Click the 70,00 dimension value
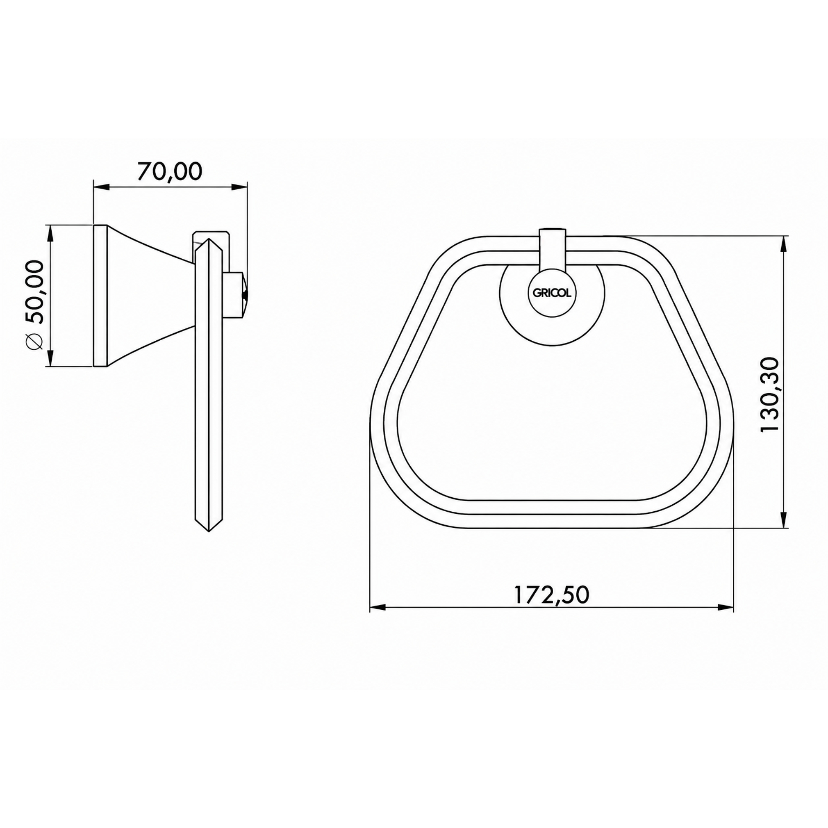[169, 171]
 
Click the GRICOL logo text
[552, 294]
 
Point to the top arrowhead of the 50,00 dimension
[50, 233]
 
